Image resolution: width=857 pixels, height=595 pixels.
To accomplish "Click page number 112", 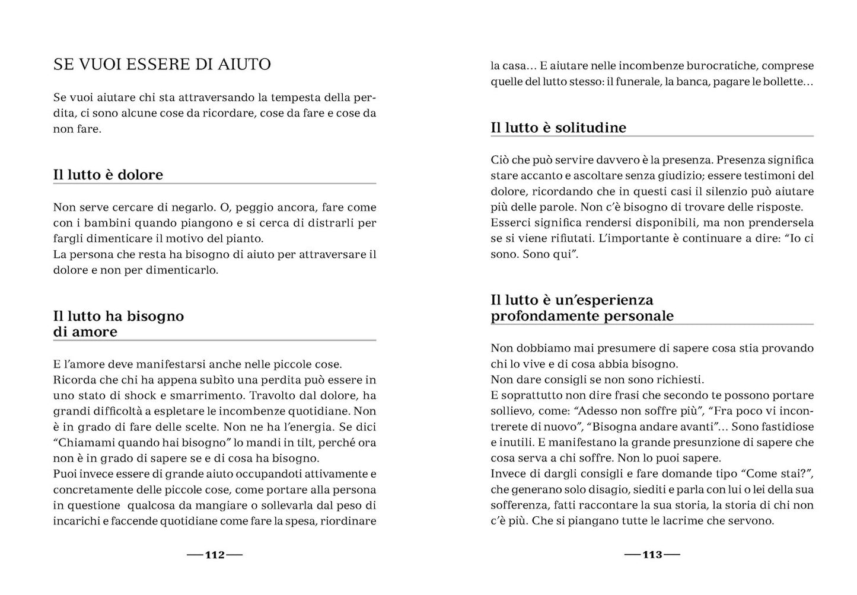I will tap(215, 555).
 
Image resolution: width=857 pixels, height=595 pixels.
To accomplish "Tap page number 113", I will tap(652, 555).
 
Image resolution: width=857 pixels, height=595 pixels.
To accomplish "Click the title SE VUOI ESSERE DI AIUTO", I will tap(162, 65).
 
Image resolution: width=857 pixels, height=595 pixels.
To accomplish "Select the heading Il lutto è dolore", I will tap(108, 175).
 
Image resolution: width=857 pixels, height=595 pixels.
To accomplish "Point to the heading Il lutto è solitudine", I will tap(558, 127).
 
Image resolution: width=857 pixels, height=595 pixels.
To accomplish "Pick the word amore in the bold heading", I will tap(95, 332).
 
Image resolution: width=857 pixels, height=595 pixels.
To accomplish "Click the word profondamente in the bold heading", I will tap(537, 316).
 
